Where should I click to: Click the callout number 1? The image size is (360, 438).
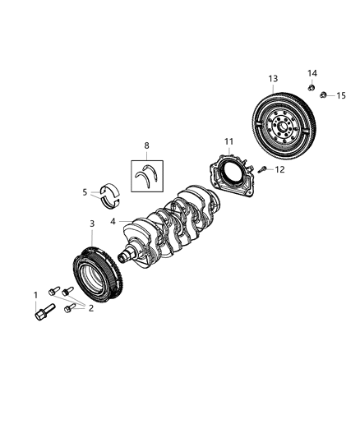click(x=35, y=294)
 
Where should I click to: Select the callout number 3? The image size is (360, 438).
click(x=91, y=223)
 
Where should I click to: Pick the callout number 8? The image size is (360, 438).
click(x=147, y=145)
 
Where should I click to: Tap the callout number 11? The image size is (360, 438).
click(x=229, y=141)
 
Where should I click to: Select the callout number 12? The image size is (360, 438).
click(x=279, y=170)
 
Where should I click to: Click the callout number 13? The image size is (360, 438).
click(x=272, y=79)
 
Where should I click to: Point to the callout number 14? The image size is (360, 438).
click(x=312, y=72)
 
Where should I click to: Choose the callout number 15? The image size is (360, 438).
click(x=340, y=96)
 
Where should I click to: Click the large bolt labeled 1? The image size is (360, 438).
click(x=41, y=313)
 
